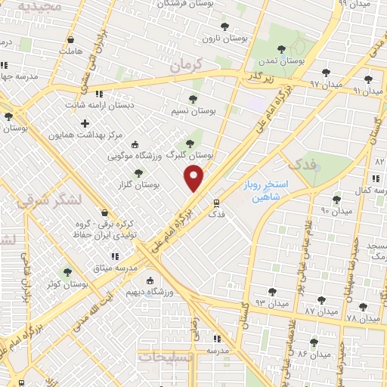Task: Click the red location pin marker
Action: coord(195,178)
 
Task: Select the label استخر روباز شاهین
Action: coord(277,190)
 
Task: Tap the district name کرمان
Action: coord(187,67)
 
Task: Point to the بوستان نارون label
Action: coord(225,36)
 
